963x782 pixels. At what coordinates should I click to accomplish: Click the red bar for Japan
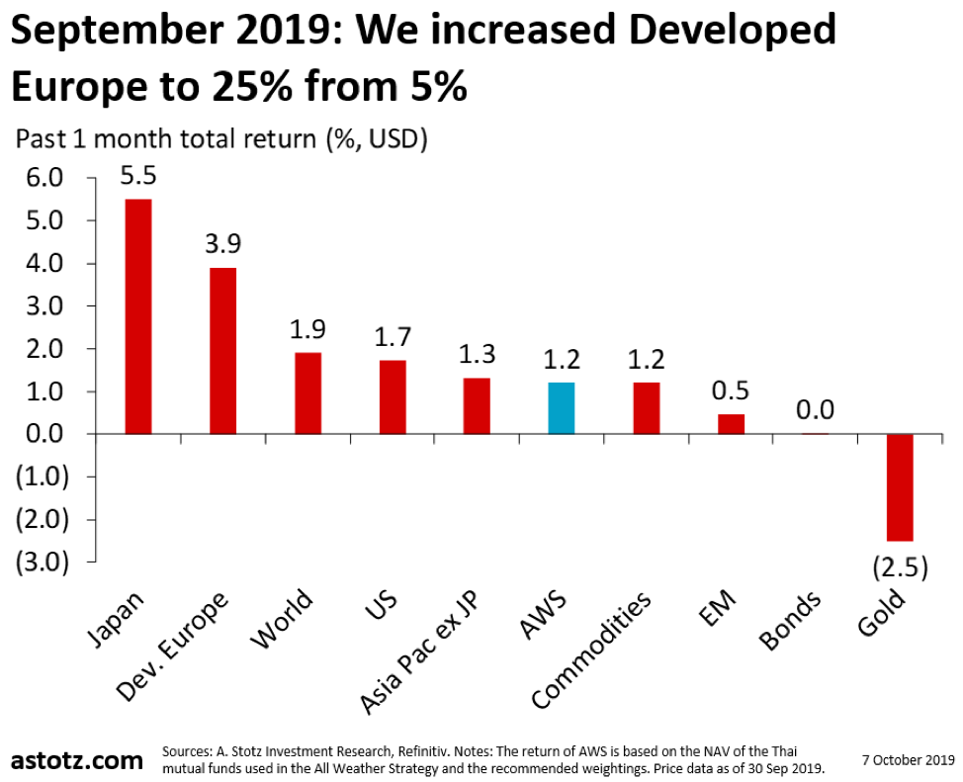137,316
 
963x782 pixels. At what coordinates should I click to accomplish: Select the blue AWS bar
562,407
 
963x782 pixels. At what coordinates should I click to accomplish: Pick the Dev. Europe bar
222,350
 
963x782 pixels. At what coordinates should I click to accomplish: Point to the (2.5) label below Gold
899,568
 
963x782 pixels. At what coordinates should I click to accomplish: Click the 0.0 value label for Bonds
816,409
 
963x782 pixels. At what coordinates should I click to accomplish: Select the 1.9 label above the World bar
307,329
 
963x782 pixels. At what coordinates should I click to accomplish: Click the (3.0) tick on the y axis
40,562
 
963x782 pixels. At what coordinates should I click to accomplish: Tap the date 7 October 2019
908,760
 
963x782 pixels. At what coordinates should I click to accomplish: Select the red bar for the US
393,396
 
